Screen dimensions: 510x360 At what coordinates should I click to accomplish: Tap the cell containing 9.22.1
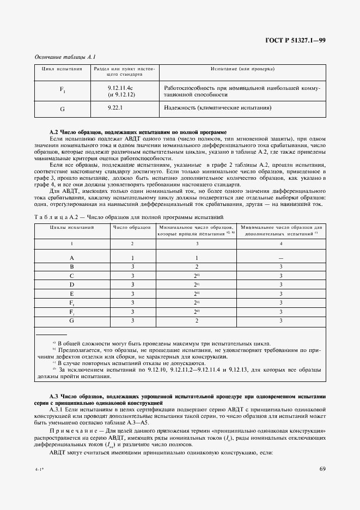coord(115,108)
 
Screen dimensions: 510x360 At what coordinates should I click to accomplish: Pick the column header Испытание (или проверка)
coord(242,69)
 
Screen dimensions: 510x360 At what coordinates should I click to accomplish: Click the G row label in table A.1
coord(62,108)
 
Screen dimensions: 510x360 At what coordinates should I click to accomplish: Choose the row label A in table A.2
coord(71,258)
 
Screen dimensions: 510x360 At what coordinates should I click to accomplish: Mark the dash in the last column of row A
coord(280,258)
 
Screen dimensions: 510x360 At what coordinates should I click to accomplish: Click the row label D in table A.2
coord(71,284)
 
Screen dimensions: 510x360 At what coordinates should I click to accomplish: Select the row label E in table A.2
coord(71,293)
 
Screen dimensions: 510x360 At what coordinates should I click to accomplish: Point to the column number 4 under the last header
coord(280,244)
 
